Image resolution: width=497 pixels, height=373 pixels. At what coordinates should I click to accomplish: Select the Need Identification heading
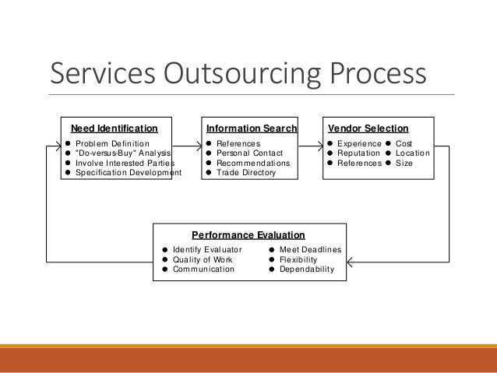114,128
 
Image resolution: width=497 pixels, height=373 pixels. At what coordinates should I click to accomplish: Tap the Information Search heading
251,128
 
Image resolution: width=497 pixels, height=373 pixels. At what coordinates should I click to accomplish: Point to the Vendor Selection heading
368,128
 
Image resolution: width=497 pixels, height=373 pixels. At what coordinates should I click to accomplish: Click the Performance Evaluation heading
248,234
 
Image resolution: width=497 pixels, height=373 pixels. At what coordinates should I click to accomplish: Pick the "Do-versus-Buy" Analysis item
122,153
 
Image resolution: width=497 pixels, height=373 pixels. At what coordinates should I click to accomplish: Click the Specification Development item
128,173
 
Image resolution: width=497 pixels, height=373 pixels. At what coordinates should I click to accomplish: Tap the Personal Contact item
249,153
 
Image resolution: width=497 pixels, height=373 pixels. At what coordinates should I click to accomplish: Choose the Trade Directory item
245,173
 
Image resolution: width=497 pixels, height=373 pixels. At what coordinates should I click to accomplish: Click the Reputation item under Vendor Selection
359,153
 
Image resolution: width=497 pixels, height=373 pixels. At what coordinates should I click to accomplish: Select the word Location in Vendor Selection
412,153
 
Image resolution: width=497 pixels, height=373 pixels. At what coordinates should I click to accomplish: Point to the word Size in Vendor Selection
404,164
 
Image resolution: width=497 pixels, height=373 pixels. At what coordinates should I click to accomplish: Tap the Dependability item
306,269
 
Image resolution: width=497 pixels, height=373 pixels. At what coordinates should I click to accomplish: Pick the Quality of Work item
202,259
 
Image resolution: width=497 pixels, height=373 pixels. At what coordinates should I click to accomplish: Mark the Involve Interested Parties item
125,164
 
